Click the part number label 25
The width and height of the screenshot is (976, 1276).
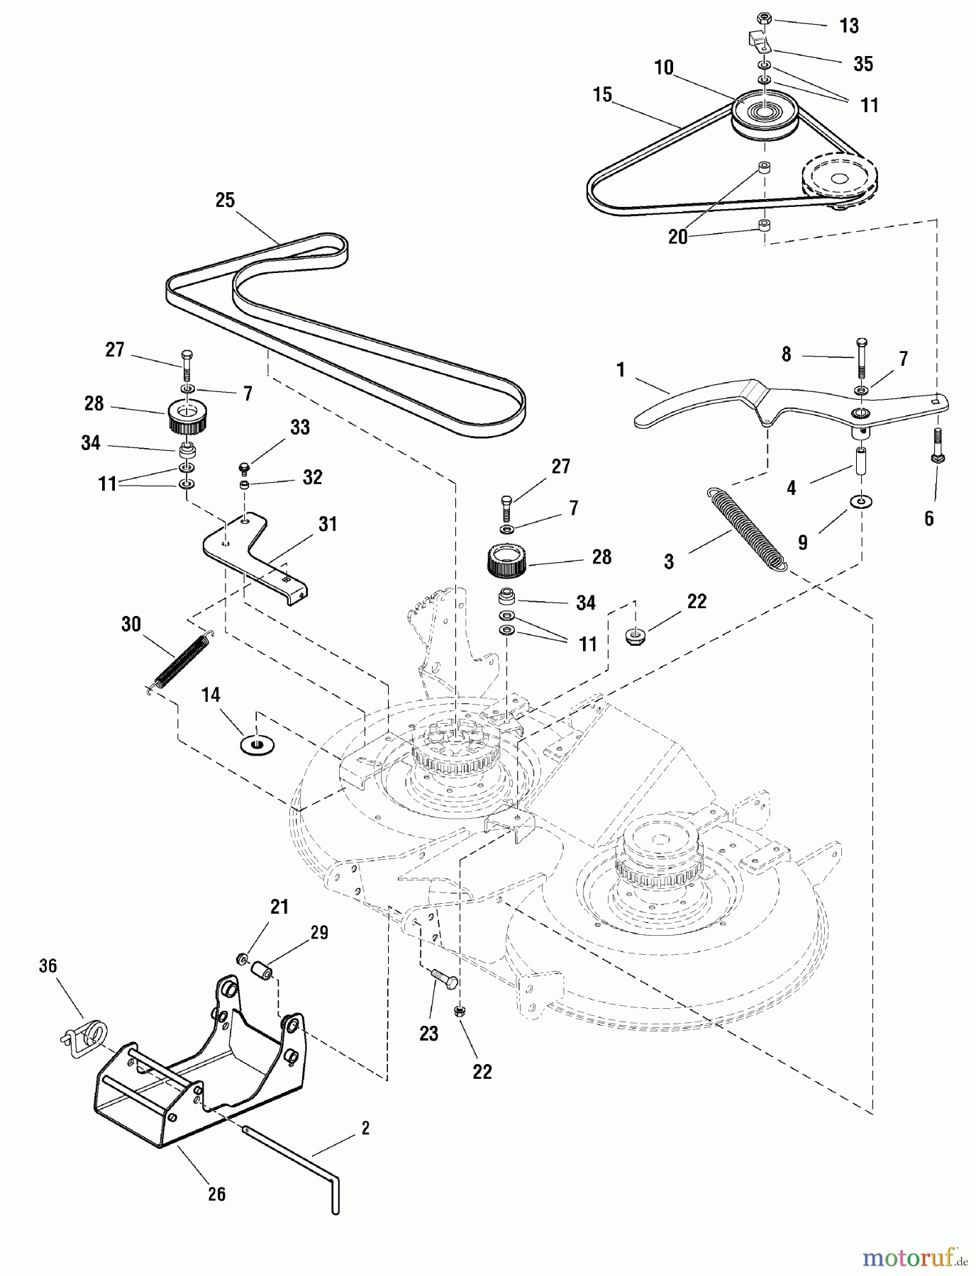tap(225, 201)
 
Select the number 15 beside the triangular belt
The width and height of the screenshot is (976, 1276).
tap(602, 95)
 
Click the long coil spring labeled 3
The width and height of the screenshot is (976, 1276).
tap(747, 527)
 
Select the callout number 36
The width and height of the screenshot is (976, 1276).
tap(49, 966)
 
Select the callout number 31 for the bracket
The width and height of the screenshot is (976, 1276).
tap(328, 525)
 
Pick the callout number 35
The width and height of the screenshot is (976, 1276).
tap(863, 64)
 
